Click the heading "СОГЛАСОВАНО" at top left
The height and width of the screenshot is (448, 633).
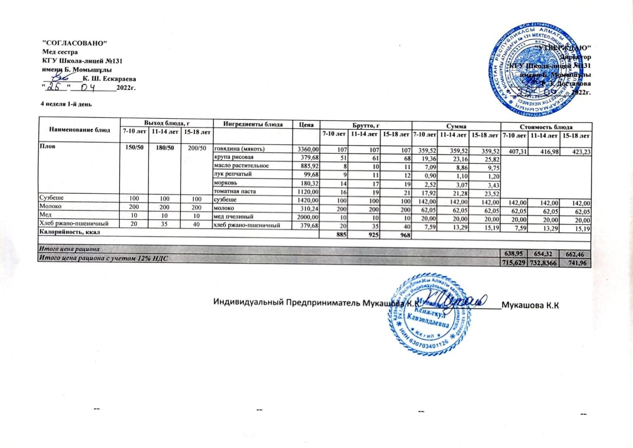pyautogui.click(x=75, y=43)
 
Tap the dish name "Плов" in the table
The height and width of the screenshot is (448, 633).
pyautogui.click(x=46, y=146)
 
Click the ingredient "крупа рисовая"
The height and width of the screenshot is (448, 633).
pyautogui.click(x=233, y=157)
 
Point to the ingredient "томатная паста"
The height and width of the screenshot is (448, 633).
pyautogui.click(x=235, y=191)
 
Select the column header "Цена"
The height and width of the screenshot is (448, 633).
pyautogui.click(x=306, y=125)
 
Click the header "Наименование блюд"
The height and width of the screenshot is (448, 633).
pyautogui.click(x=80, y=129)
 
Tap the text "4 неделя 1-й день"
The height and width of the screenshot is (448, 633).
pyautogui.click(x=67, y=104)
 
